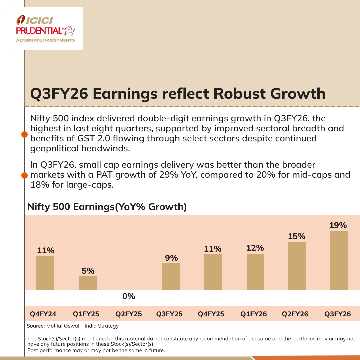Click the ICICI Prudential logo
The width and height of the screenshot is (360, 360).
pyautogui.click(x=45, y=29)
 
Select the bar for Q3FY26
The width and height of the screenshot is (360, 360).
pyautogui.click(x=339, y=260)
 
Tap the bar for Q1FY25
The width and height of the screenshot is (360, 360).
pyautogui.click(x=88, y=283)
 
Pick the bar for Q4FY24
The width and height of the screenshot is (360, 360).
pyautogui.click(x=45, y=273)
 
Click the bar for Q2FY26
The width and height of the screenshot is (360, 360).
pyautogui.click(x=297, y=265)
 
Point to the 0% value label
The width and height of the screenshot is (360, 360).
pyautogui.click(x=129, y=296)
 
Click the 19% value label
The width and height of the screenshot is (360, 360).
pyautogui.click(x=338, y=225)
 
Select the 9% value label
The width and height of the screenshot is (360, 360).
pyautogui.click(x=171, y=258)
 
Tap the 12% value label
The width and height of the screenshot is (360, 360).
pyautogui.click(x=255, y=248)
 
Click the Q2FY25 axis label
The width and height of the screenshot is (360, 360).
pyautogui.click(x=129, y=314)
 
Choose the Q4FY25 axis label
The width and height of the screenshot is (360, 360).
pyautogui.click(x=211, y=314)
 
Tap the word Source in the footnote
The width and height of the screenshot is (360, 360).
pyautogui.click(x=34, y=326)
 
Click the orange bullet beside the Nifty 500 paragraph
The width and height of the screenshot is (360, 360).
pyautogui.click(x=24, y=135)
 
